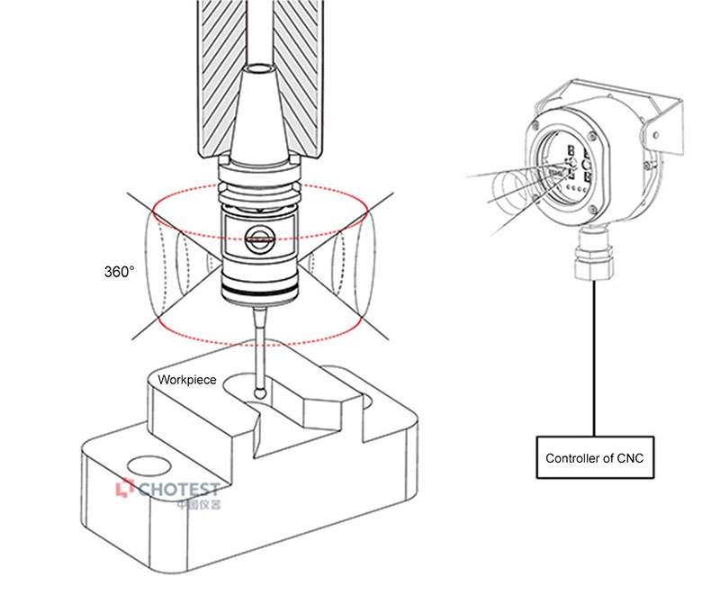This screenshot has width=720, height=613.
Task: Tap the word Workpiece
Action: click(187, 381)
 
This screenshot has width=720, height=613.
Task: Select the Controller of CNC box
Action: click(594, 458)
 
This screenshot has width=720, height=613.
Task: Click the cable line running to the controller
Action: click(594, 360)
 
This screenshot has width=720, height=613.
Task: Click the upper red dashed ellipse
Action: click(259, 191)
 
